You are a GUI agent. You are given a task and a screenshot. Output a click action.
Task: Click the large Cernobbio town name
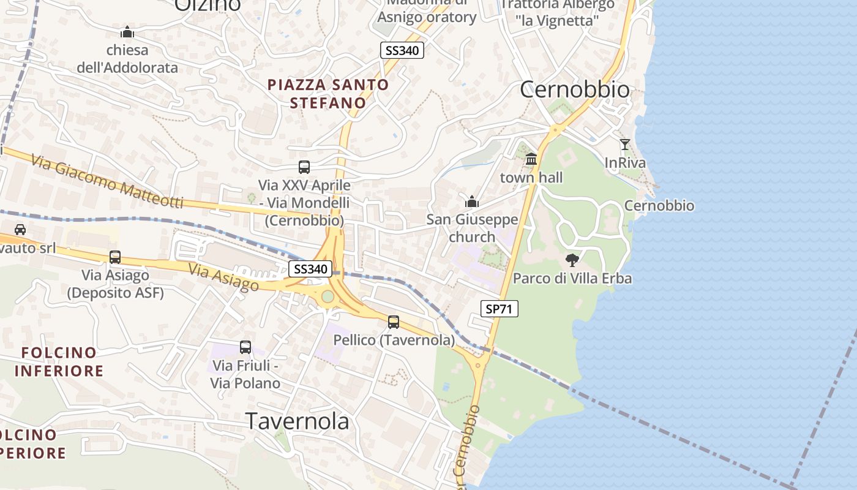point(574,89)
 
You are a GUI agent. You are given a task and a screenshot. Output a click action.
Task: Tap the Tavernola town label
point(297,421)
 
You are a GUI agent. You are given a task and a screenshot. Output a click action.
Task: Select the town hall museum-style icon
point(531,159)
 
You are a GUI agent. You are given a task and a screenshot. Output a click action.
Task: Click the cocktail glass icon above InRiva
point(624,145)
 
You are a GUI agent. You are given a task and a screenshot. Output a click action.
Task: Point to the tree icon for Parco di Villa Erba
point(572,260)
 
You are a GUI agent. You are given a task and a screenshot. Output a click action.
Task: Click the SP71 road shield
point(499,309)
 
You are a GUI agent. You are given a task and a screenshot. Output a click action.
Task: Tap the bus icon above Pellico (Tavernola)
point(393,322)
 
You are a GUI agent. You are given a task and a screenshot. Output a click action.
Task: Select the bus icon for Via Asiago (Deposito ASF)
point(115,257)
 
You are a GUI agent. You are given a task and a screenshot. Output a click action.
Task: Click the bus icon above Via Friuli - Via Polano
point(245,347)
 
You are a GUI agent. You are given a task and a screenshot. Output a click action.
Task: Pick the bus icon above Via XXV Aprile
point(304,167)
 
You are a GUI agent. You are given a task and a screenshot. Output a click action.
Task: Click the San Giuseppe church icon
point(472,201)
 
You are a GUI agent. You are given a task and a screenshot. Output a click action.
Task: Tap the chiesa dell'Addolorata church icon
point(127,32)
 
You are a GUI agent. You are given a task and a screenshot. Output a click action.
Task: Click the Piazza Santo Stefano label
point(328,93)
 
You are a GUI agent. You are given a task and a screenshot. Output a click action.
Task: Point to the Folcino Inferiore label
point(59,361)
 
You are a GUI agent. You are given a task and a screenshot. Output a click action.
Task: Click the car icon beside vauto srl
point(20,230)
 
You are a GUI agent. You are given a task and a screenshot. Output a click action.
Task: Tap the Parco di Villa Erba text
point(572,278)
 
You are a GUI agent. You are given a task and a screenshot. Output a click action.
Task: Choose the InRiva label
point(625,163)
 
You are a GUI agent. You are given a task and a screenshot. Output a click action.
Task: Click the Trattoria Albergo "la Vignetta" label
point(556,12)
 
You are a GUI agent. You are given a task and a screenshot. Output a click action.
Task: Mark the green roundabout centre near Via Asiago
point(327,296)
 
